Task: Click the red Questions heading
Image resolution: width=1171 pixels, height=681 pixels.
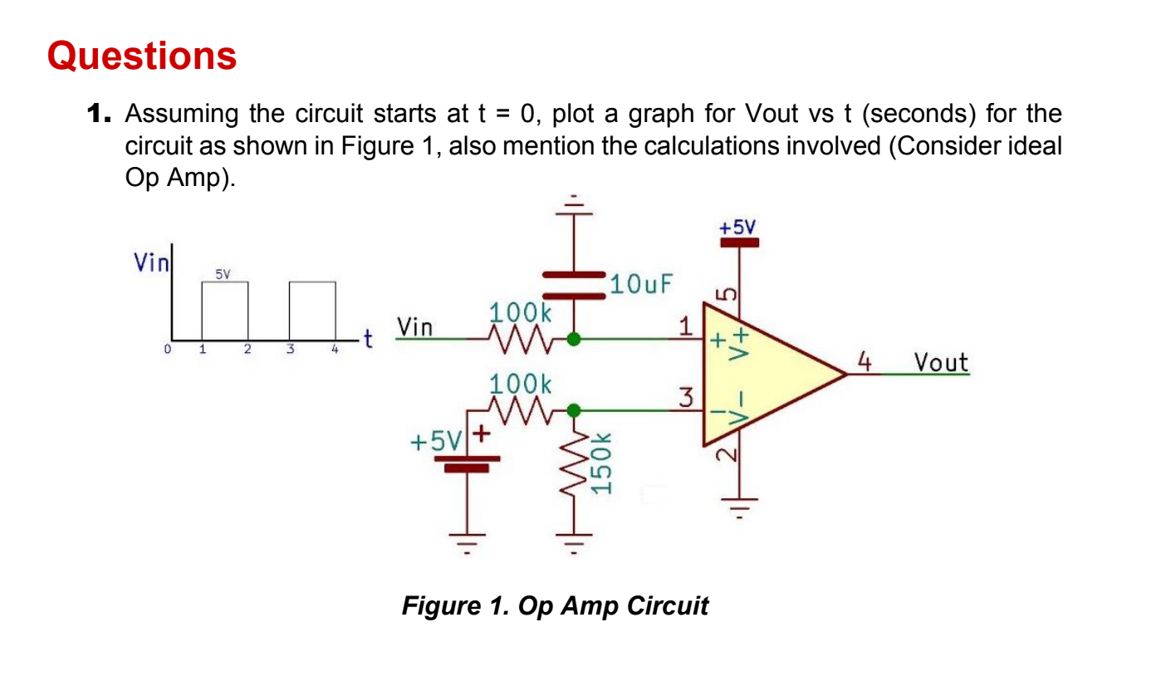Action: point(142,56)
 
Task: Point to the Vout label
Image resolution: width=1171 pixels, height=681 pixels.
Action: point(940,362)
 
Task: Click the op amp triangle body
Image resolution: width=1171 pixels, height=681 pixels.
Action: point(772,374)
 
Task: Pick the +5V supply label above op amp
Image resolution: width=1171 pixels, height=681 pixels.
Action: point(738,227)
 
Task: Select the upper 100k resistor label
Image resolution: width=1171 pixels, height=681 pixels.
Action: point(519,313)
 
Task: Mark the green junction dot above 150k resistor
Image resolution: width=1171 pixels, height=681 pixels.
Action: point(573,409)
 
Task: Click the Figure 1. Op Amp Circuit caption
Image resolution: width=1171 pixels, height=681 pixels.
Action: point(555,605)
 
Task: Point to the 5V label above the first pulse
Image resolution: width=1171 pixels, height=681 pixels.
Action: point(223,272)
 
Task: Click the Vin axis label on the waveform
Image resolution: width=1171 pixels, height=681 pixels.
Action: point(151,263)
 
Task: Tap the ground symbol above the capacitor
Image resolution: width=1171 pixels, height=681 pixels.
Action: point(573,204)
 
